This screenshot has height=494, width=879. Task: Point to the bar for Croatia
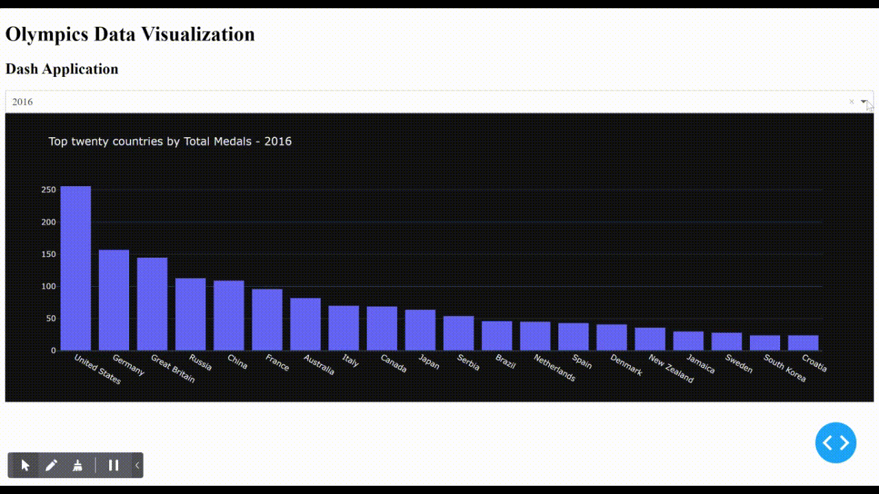pos(803,343)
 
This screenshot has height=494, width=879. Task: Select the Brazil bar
pos(496,336)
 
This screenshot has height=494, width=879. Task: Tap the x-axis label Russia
pos(201,362)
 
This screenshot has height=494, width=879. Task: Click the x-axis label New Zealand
pos(671,368)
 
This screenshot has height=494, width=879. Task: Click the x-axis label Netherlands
pos(555,367)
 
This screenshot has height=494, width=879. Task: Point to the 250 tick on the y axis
pos(48,190)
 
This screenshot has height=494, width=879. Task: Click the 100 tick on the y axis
pos(48,286)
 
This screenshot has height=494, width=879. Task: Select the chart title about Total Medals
pos(170,141)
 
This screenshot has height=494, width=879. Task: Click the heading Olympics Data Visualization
pos(130,34)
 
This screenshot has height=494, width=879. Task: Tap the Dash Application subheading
pos(62,69)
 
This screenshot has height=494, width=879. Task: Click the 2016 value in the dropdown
pos(23,102)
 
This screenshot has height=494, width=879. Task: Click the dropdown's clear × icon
pos(852,102)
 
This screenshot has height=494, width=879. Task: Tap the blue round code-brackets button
pos(836,443)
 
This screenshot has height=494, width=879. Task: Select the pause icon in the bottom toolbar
pos(114,465)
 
